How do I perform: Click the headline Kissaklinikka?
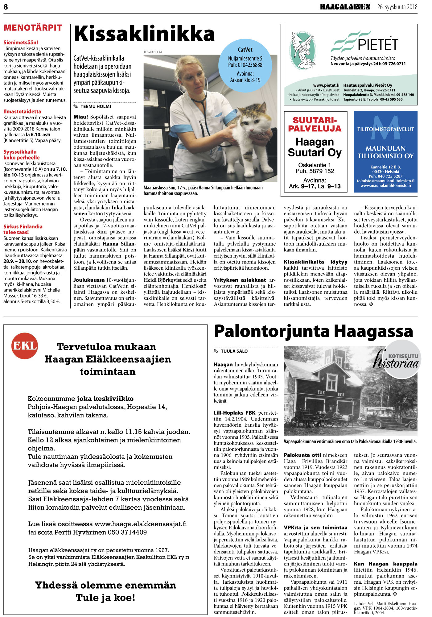[x=144, y=34]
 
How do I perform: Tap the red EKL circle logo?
[x=25, y=346]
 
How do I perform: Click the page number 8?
[x=6, y=7]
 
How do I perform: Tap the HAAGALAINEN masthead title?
[x=345, y=7]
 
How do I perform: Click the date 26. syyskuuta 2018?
[x=397, y=7]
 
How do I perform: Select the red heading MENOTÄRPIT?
[x=33, y=28]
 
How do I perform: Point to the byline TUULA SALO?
[x=234, y=351]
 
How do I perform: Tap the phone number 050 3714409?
[x=127, y=532]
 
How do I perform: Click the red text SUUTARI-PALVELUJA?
[x=315, y=124]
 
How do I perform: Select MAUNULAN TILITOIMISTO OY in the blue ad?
[x=385, y=152]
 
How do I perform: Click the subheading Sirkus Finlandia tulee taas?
[x=23, y=229]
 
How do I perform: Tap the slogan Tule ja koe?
[x=105, y=598]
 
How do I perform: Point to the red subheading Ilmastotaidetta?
[x=22, y=111]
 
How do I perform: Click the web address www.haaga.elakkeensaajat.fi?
[x=141, y=524]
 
